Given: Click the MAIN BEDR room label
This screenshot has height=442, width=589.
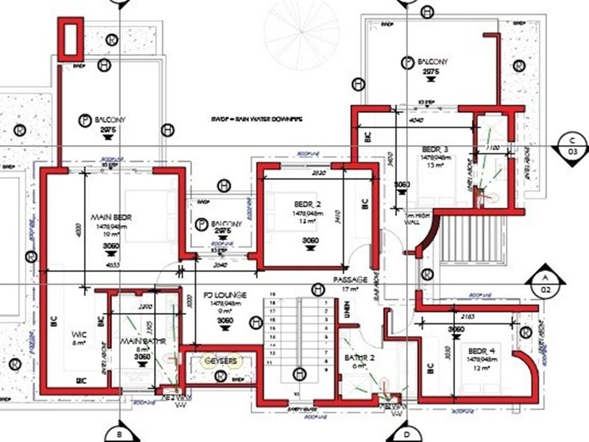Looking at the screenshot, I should [x=110, y=218].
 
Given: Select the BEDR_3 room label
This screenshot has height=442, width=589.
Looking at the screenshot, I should [x=434, y=147].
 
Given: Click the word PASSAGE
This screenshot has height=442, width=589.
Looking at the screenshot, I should [x=348, y=281].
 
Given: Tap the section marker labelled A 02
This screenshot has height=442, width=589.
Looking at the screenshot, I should [x=544, y=283].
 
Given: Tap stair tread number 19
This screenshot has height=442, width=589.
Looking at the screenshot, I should [x=273, y=295].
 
